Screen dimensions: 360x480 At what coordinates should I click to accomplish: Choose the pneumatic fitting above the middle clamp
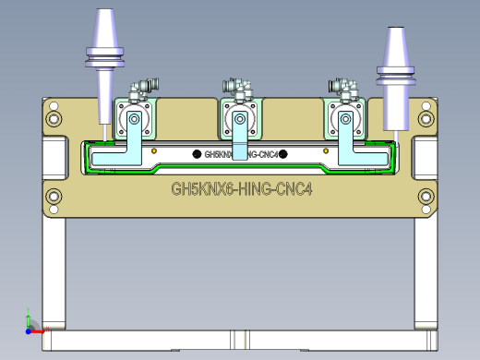[x=238, y=89]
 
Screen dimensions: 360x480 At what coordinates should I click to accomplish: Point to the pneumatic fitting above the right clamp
[x=345, y=89]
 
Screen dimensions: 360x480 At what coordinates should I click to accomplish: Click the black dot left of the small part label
[x=196, y=153]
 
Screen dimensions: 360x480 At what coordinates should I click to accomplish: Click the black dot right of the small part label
[x=283, y=153]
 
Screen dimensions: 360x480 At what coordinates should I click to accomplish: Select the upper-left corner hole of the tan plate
[x=54, y=118]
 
